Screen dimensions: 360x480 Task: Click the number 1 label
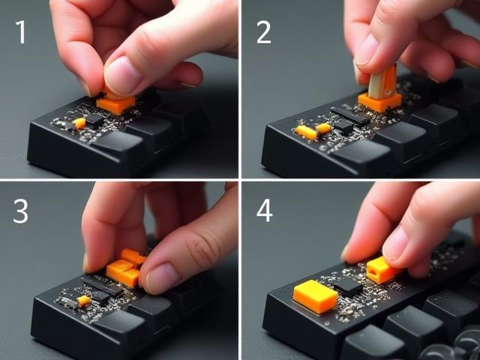(x=20, y=31)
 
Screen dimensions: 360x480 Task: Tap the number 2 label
(x=263, y=31)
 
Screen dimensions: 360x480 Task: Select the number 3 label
(x=20, y=212)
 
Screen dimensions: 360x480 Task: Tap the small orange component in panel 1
(x=79, y=122)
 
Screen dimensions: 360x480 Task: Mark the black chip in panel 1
(x=94, y=118)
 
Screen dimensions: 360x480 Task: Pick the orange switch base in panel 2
(x=379, y=102)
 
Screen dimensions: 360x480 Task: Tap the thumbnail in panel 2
(x=367, y=49)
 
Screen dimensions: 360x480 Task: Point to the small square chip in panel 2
(x=343, y=125)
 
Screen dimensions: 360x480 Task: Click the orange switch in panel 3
(x=123, y=270)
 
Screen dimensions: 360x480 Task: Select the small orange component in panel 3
(x=83, y=300)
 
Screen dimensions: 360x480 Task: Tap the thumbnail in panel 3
(x=161, y=279)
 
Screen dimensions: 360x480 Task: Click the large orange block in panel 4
(x=315, y=295)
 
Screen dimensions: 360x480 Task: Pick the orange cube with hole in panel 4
(x=380, y=270)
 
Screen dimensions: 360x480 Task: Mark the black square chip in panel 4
(x=349, y=286)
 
